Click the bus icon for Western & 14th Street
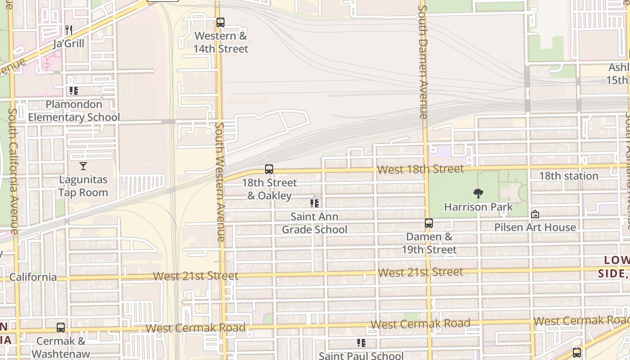(x=220, y=22)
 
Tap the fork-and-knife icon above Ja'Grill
(x=69, y=30)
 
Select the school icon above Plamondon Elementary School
(x=74, y=91)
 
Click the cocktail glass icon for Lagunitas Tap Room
(x=83, y=166)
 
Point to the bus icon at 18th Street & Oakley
(x=269, y=169)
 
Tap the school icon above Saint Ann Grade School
(x=315, y=203)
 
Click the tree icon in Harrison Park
(x=478, y=193)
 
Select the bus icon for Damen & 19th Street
(x=429, y=223)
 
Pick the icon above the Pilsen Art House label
(x=535, y=214)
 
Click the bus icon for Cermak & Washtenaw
(x=61, y=328)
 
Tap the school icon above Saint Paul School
(x=361, y=343)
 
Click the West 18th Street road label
(x=420, y=169)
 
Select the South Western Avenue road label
(x=220, y=182)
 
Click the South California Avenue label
(x=13, y=171)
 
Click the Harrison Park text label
(x=478, y=207)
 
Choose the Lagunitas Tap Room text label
(x=83, y=186)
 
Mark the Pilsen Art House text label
(x=535, y=227)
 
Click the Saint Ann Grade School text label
(x=315, y=223)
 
